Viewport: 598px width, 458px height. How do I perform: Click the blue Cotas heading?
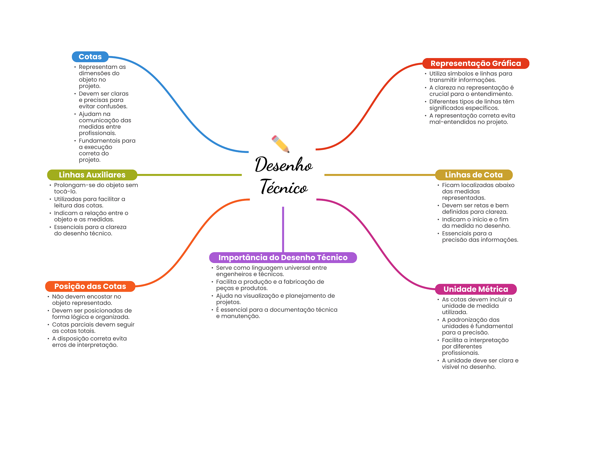[x=90, y=57]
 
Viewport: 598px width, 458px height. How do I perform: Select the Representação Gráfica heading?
[x=475, y=63]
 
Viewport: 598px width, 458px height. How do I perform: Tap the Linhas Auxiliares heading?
[x=92, y=175]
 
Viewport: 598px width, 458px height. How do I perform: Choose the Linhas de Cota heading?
[x=474, y=175]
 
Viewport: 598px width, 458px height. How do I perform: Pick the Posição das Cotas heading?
[x=90, y=286]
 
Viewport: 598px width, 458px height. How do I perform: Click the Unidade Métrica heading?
[x=476, y=289]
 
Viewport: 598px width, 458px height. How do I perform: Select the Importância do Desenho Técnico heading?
[x=283, y=257]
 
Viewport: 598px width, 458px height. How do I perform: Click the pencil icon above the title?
[x=281, y=144]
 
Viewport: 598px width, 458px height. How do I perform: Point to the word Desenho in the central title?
[x=284, y=165]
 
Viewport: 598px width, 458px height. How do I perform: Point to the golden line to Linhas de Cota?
[x=380, y=175]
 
